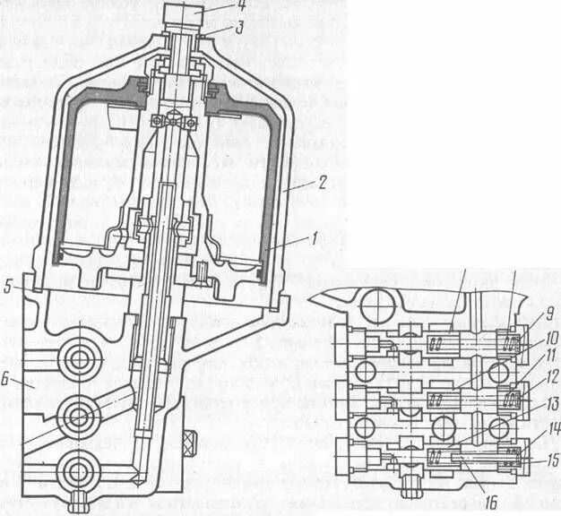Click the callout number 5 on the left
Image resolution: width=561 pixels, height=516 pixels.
point(8,288)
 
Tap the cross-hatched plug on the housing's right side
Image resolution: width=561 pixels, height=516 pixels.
point(189,443)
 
